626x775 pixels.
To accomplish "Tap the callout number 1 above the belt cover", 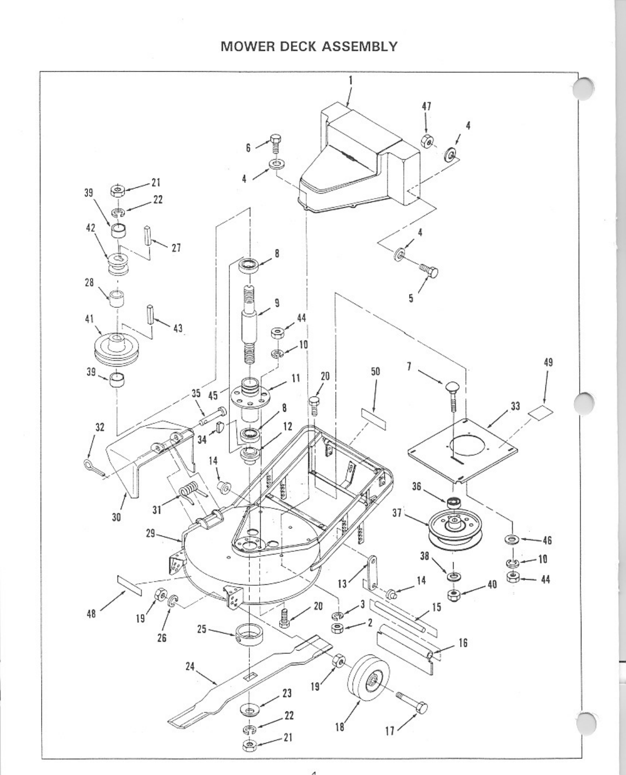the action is (x=350, y=80).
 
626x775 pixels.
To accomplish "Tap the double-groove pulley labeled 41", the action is (x=118, y=349).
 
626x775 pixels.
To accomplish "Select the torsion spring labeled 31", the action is (x=191, y=491).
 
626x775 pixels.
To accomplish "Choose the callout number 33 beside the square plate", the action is (x=515, y=406).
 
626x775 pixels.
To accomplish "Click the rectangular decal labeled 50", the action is (x=374, y=419).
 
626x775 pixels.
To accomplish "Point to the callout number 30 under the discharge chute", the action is (x=116, y=516).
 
